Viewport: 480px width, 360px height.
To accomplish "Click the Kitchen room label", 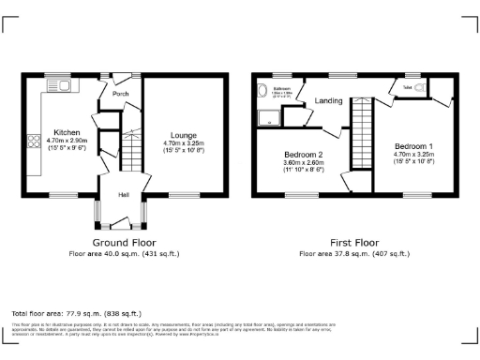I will [67, 132].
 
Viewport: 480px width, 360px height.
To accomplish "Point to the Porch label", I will [121, 94].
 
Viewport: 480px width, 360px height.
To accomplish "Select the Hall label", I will [123, 195].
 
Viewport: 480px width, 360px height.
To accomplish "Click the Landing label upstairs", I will [328, 100].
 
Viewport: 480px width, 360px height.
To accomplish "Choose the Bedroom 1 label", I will [413, 147].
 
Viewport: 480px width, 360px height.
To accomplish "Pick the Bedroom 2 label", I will [304, 154].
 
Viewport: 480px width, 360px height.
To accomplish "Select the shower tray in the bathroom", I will [270, 117].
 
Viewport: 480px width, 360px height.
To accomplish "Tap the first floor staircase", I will [362, 131].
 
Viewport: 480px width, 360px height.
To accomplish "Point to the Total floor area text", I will [76, 313].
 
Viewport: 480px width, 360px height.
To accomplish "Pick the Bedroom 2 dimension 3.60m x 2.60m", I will [304, 162].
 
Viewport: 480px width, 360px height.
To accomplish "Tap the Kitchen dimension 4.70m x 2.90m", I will [67, 140].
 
